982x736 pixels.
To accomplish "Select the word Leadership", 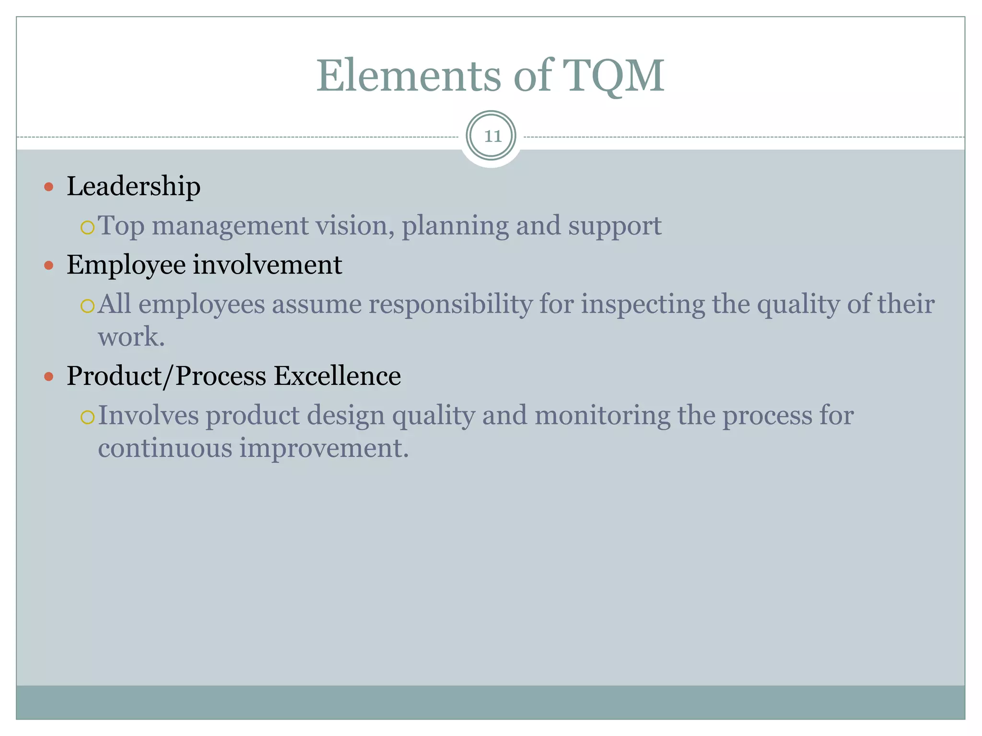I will [133, 186].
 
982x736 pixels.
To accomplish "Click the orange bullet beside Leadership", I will [48, 186].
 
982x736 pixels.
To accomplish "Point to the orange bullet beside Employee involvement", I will [48, 265].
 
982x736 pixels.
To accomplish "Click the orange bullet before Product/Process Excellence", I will [48, 376].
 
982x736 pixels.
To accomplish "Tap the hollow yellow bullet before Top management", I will [88, 227].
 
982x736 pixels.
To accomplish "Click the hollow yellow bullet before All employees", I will [88, 306].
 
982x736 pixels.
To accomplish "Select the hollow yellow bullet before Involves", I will [88, 417].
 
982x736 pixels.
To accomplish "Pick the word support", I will [615, 226].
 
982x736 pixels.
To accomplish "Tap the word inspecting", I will [643, 305].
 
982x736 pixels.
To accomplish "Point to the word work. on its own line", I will [131, 337].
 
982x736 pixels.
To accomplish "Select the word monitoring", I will [602, 415].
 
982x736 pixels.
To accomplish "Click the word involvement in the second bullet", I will [267, 265].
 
